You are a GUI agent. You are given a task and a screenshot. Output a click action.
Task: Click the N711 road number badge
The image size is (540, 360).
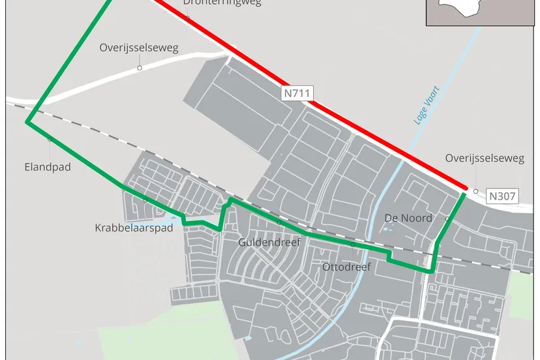(x=297, y=93)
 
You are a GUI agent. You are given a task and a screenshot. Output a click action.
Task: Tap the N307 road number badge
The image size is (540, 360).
(x=502, y=196)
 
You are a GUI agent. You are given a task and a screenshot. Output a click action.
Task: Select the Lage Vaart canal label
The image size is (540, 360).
(x=428, y=105)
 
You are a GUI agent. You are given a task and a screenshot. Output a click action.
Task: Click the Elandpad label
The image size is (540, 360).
(x=47, y=167)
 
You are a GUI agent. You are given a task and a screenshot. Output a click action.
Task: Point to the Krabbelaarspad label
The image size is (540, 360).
(x=134, y=228)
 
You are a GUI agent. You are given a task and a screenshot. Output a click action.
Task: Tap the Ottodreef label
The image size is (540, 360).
(x=346, y=267)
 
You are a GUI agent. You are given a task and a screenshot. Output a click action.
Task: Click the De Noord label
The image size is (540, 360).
(x=408, y=218)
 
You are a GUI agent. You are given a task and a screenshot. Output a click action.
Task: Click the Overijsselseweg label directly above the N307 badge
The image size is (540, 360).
(x=485, y=158)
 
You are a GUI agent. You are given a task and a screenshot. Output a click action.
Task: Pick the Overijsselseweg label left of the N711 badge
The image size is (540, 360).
(x=139, y=48)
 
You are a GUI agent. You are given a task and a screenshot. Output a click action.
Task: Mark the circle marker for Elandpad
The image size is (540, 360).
(x=50, y=139)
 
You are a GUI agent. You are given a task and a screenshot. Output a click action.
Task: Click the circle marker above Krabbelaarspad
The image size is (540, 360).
(x=145, y=201)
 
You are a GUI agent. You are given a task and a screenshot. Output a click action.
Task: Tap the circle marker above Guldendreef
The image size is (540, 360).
(x=279, y=223)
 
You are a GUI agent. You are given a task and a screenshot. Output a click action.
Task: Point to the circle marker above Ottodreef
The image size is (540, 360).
(x=353, y=245)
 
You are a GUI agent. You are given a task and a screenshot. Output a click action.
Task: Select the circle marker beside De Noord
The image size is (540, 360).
(x=447, y=218)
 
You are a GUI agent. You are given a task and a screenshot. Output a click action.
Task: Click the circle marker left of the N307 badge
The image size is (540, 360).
(x=476, y=191)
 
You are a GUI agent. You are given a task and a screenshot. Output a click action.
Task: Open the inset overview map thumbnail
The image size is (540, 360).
(x=483, y=12)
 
